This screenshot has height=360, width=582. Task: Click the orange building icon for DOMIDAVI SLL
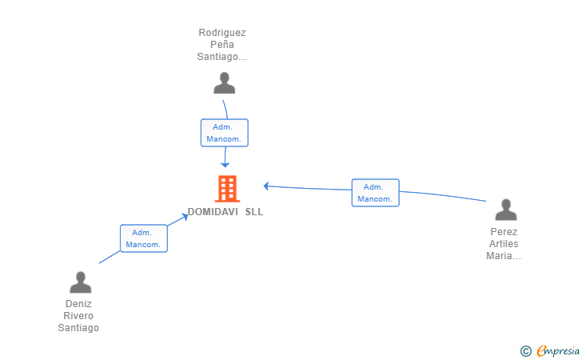click(227, 189)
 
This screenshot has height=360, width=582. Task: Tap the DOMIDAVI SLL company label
click(225, 212)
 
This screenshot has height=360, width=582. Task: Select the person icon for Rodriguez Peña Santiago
click(224, 83)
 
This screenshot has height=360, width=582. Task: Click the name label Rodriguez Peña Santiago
click(222, 45)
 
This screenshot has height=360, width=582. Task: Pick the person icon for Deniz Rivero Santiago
click(81, 282)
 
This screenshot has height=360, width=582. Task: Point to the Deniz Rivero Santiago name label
click(78, 316)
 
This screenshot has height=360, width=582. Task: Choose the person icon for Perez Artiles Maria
click(506, 210)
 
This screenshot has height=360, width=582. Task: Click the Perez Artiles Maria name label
click(504, 244)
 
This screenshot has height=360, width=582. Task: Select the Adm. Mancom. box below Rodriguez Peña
click(224, 133)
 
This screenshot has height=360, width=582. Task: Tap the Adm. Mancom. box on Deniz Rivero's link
click(144, 238)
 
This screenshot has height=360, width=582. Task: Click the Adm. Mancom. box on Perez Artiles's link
click(375, 193)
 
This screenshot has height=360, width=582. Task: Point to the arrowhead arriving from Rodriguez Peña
click(225, 165)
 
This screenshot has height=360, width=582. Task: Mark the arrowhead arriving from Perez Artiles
click(266, 186)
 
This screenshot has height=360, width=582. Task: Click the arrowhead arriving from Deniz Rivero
click(185, 216)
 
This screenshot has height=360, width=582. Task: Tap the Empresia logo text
click(558, 350)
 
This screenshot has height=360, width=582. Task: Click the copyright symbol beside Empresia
click(526, 351)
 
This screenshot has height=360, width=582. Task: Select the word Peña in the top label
click(222, 45)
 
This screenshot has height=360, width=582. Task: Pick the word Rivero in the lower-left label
click(78, 316)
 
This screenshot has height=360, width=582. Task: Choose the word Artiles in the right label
click(504, 244)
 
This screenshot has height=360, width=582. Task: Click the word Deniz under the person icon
click(78, 304)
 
